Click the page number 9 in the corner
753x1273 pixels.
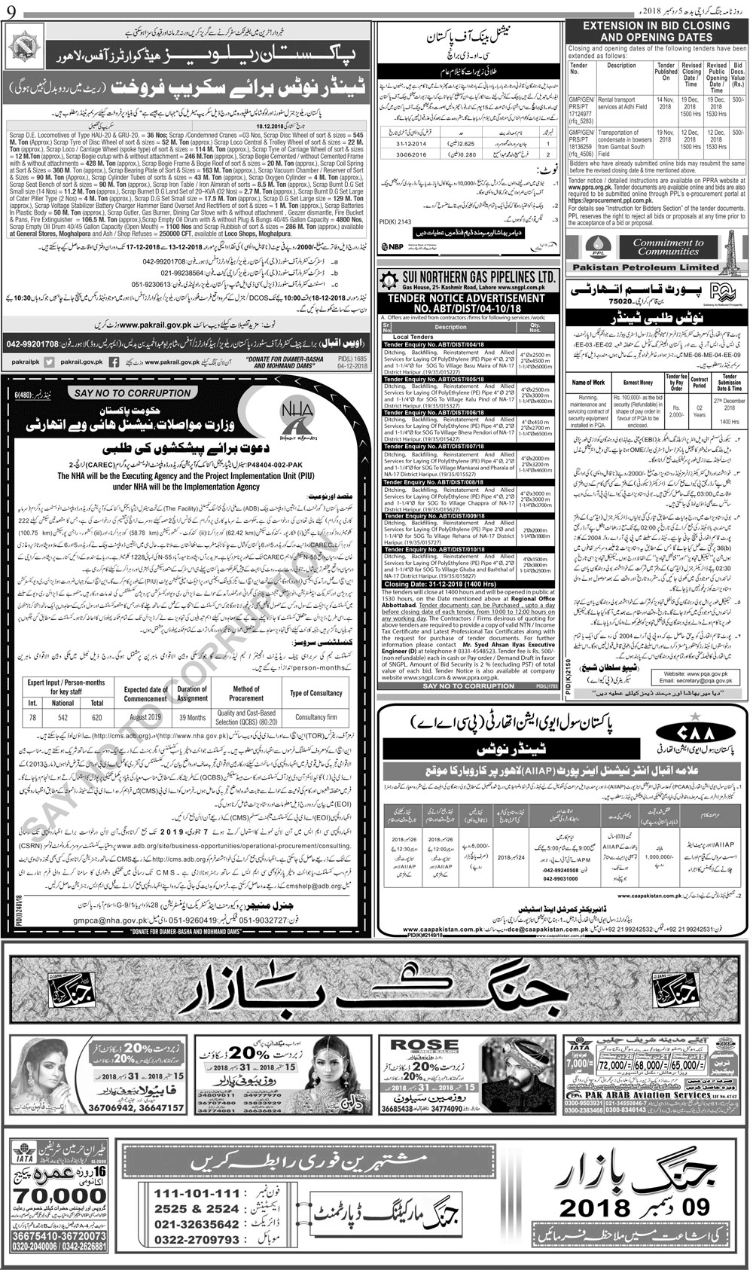pos(9,11)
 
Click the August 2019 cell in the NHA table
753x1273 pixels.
pos(145,719)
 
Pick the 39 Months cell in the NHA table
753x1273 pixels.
pos(192,719)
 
